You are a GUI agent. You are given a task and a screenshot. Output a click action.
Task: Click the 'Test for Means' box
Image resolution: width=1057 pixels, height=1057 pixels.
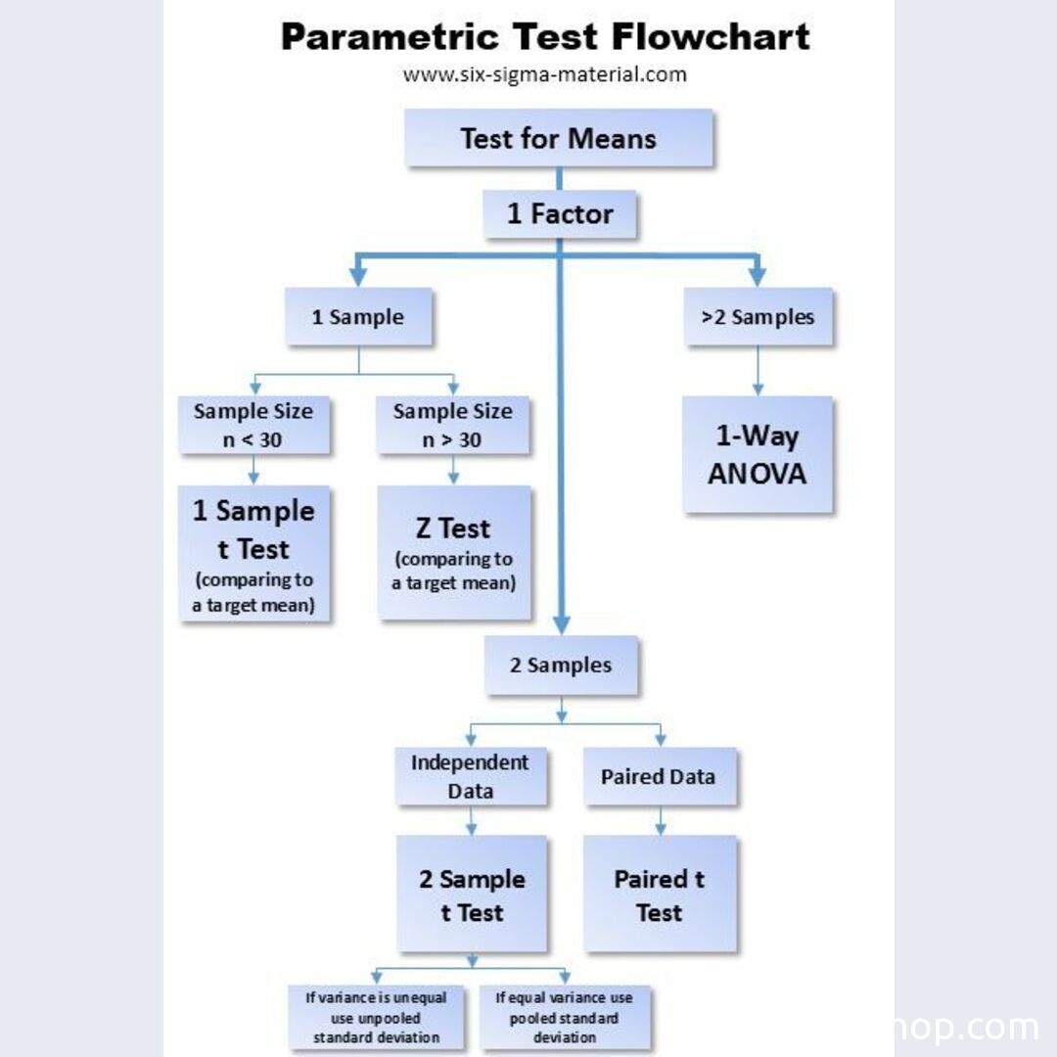coord(558,138)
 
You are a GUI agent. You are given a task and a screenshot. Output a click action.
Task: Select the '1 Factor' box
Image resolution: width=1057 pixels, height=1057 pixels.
coord(560,214)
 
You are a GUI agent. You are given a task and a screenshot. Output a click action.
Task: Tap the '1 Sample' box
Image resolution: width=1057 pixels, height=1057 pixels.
coord(358,317)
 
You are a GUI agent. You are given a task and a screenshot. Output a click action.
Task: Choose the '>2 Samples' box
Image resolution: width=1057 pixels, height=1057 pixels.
coord(758,317)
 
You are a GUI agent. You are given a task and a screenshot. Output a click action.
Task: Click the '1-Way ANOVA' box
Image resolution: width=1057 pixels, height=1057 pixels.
coord(758,454)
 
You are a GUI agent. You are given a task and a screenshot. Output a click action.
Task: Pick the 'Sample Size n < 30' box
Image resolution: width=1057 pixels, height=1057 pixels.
coord(253,425)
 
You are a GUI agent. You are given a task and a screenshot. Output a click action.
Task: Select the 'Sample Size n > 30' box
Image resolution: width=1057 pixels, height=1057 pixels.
coord(452,425)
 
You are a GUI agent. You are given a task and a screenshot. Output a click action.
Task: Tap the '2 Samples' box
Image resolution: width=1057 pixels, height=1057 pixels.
coord(561,666)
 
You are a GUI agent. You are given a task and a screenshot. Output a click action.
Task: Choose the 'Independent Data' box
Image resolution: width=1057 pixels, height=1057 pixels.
coord(470,776)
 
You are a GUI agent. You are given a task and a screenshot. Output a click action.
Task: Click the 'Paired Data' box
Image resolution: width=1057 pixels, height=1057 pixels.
coord(659,777)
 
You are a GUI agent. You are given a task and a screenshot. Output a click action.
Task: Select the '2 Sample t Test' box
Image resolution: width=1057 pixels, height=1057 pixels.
coord(472,895)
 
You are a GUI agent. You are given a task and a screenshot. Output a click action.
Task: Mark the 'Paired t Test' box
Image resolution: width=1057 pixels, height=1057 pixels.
coord(660,895)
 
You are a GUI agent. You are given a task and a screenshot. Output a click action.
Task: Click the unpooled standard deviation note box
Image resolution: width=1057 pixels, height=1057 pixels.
coord(376,1017)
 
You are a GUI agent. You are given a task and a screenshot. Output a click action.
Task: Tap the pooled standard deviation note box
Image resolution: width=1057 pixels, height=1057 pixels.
coord(565,1017)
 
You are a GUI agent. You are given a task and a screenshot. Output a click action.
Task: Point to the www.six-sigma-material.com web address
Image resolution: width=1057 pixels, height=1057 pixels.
coord(544,74)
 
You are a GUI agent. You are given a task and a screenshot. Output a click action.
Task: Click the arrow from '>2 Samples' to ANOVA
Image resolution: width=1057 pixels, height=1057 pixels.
coord(758,371)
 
